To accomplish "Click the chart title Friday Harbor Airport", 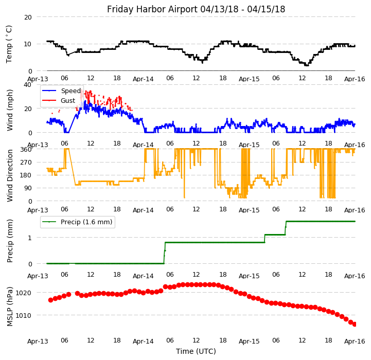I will coord(196,9).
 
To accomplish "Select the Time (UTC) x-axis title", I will coord(196,351).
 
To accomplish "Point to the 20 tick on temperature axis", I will coord(28,17).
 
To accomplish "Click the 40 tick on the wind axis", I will coord(28,85).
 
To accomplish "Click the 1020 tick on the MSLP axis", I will coord(24,293).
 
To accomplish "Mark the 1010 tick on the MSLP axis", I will coord(24,315).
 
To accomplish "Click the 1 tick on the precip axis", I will coord(30,238).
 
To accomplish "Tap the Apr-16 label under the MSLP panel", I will coord(355,341).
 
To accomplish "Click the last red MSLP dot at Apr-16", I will coord(355,324).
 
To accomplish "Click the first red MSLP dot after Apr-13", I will coord(50,300).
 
